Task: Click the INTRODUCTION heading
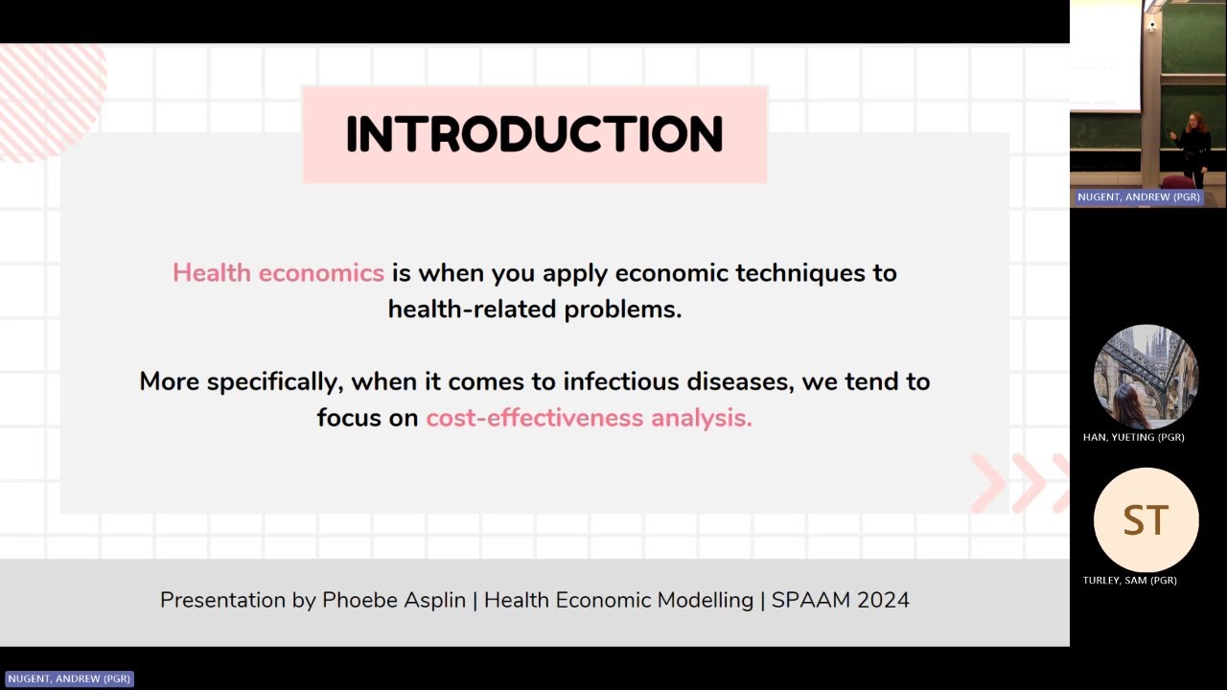point(534,134)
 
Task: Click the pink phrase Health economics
point(278,273)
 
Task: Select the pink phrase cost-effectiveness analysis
point(589,418)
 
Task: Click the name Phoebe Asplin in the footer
point(393,600)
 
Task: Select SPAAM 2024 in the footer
point(840,600)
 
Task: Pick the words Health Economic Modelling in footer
point(618,600)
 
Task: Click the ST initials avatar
point(1146,519)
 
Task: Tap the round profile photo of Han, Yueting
point(1146,377)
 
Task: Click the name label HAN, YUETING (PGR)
point(1133,437)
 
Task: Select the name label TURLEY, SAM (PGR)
point(1129,580)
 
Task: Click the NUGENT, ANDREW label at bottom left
point(69,678)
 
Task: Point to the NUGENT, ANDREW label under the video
point(1138,196)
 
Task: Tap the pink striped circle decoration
point(48,96)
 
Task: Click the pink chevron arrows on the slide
point(1021,483)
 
